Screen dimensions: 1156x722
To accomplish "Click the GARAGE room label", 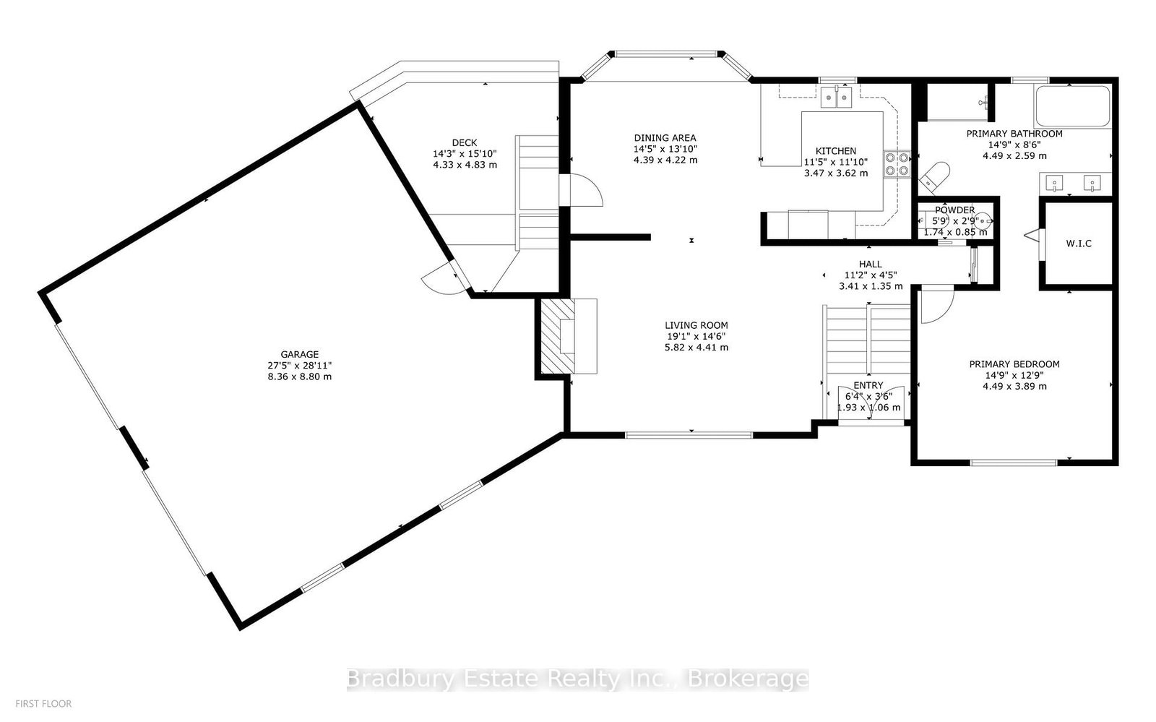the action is pyautogui.click(x=299, y=355).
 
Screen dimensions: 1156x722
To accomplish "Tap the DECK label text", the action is pyautogui.click(x=465, y=143).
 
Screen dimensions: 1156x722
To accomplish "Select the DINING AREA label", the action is pyautogui.click(x=665, y=138).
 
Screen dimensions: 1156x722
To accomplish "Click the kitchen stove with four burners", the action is pyautogui.click(x=897, y=164).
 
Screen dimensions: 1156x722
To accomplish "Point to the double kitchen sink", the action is pyautogui.click(x=837, y=97).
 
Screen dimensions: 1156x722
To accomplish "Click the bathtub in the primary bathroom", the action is pyautogui.click(x=1072, y=106).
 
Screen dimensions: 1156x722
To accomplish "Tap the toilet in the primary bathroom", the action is pyautogui.click(x=935, y=176).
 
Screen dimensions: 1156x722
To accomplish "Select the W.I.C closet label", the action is pyautogui.click(x=1079, y=244).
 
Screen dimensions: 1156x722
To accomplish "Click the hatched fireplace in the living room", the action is pyautogui.click(x=558, y=336).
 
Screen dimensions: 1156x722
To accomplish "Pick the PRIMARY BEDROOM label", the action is pyautogui.click(x=1014, y=364).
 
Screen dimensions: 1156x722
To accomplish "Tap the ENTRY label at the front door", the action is pyautogui.click(x=868, y=385).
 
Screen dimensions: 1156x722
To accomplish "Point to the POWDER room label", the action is pyautogui.click(x=954, y=210).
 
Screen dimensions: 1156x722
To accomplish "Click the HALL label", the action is pyautogui.click(x=871, y=265).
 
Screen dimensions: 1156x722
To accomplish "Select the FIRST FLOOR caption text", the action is pyautogui.click(x=43, y=704).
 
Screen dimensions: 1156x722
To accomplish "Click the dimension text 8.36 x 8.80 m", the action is pyautogui.click(x=299, y=377).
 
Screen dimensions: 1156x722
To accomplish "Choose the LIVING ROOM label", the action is pyautogui.click(x=696, y=325).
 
